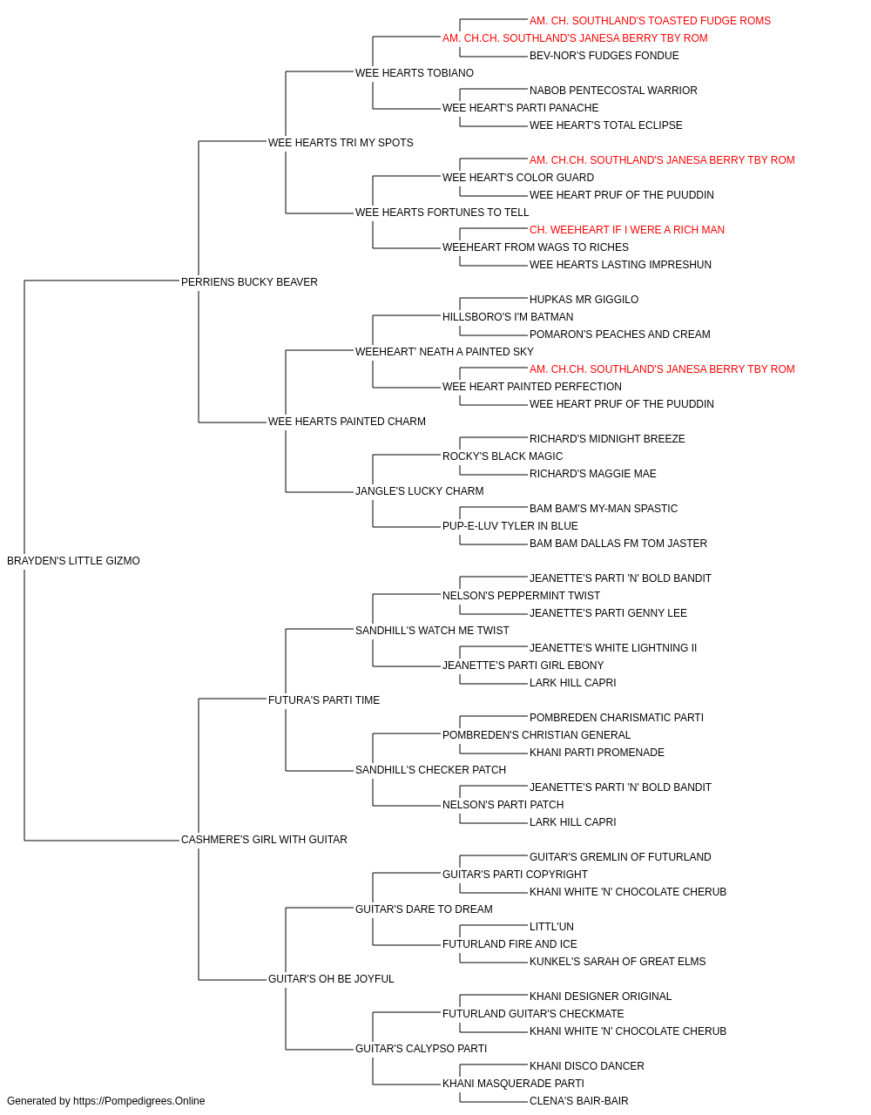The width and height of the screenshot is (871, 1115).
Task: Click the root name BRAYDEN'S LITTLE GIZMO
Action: point(73,561)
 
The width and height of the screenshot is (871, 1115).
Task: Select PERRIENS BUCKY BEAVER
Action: point(249,281)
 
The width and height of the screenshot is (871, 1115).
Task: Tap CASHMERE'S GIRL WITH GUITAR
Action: point(264,840)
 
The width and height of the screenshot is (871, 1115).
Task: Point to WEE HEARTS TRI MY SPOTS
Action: point(341,143)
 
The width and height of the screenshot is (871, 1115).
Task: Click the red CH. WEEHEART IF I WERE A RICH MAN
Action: point(627,230)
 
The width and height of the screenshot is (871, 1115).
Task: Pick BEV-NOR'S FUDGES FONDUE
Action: point(604,56)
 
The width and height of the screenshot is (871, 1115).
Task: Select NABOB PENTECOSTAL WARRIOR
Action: point(613,91)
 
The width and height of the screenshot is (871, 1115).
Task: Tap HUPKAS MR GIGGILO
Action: point(584,299)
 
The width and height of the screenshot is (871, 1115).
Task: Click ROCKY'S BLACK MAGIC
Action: point(503,456)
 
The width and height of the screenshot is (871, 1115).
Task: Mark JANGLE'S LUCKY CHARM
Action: point(420,491)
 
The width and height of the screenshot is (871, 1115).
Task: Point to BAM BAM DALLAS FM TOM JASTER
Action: point(618,544)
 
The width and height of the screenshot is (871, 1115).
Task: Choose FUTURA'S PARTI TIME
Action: point(324,699)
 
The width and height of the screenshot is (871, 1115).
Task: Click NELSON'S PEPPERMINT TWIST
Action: point(521,595)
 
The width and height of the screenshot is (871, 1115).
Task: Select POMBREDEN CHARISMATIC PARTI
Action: point(617,717)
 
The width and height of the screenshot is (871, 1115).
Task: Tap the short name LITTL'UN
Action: point(551,927)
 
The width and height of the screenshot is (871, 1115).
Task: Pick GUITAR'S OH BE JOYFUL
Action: point(331,979)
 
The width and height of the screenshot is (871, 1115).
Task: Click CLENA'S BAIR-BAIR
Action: point(578,1101)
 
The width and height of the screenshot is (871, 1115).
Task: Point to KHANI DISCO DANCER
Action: point(587,1065)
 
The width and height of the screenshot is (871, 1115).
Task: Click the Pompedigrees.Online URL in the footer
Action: point(139,1101)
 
